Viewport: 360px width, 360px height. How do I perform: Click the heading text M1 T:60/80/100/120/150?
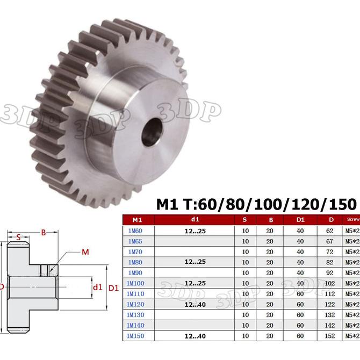click(x=256, y=205)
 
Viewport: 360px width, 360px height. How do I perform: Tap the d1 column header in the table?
click(x=195, y=220)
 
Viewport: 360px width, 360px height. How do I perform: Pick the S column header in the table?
click(x=245, y=220)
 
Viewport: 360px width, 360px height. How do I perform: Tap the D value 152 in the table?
click(x=329, y=336)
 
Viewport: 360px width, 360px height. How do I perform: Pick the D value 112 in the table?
click(x=329, y=294)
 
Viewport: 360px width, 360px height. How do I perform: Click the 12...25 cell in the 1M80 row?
click(x=195, y=262)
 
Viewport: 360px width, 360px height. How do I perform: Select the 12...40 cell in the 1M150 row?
click(x=195, y=336)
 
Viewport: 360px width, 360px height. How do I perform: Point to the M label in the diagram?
click(x=85, y=252)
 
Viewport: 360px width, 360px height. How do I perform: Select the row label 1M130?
click(x=134, y=315)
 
